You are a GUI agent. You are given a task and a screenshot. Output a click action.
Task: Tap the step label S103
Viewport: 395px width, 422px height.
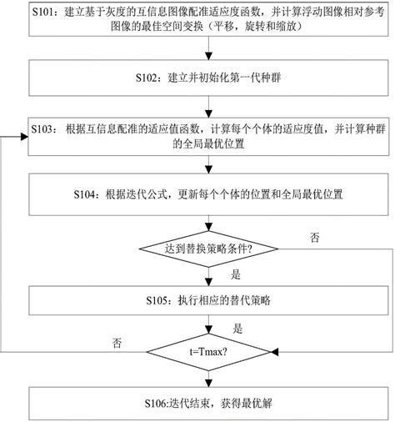(44, 129)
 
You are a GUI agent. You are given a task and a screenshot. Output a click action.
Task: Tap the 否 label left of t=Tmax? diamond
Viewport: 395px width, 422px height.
(116, 341)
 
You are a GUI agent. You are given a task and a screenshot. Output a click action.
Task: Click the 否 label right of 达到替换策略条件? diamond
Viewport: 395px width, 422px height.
(314, 237)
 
